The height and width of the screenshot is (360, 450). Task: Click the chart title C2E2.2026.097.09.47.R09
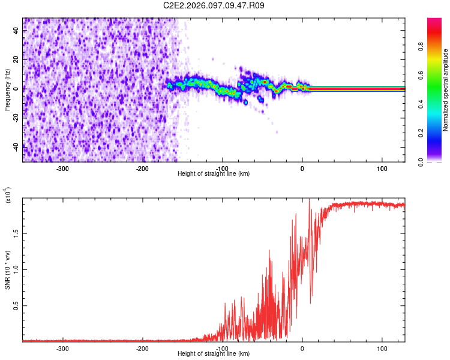click(214, 5)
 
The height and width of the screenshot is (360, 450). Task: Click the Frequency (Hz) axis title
click(7, 90)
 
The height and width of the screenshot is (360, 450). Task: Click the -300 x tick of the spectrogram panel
click(63, 169)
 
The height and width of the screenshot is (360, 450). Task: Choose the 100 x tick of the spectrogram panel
click(382, 169)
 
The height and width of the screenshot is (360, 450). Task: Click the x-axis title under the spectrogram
click(214, 174)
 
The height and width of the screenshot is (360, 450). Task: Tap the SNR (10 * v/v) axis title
click(7, 270)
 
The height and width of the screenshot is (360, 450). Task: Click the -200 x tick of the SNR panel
click(143, 348)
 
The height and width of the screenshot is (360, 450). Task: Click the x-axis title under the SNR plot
click(214, 354)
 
